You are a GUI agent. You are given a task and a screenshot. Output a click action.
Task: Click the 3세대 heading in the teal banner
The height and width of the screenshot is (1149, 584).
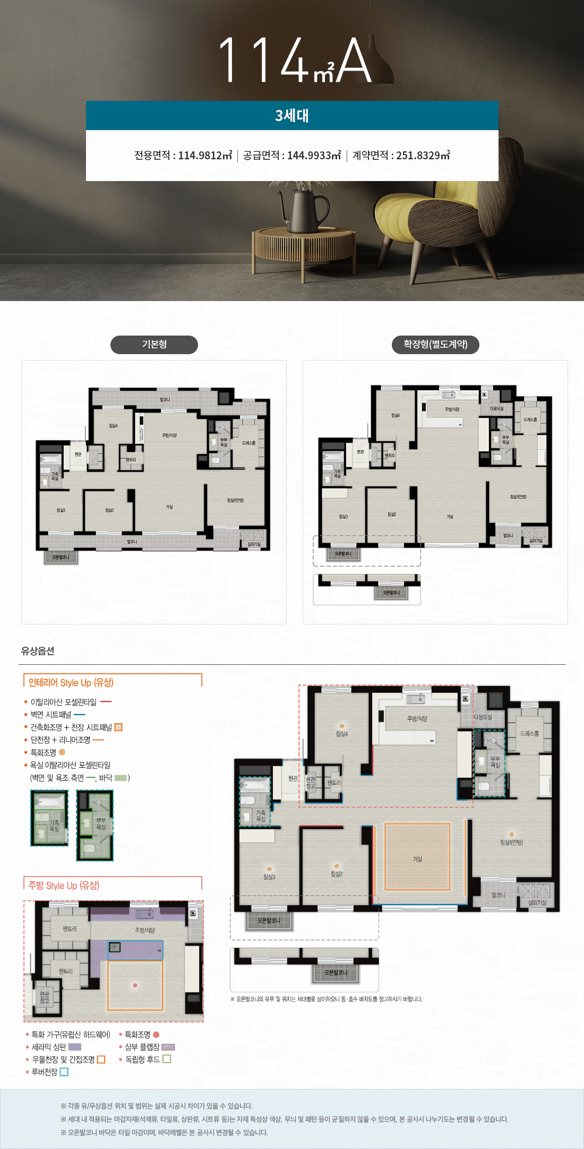tap(292, 116)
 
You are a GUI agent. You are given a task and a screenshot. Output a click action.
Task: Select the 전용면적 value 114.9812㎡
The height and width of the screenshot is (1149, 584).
tap(205, 155)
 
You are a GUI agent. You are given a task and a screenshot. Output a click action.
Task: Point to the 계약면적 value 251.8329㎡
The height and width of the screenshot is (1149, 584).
tap(423, 155)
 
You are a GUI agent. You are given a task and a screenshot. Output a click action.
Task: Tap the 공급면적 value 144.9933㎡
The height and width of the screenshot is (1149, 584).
tap(314, 155)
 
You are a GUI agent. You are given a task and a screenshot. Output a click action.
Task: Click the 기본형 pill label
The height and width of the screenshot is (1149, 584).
tap(154, 345)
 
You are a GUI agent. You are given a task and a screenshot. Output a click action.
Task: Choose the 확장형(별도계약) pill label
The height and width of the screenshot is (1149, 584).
tap(435, 345)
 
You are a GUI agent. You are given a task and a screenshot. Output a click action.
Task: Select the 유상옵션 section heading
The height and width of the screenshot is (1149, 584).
tap(38, 651)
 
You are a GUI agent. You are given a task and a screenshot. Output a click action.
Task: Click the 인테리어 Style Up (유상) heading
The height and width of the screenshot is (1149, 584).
tap(71, 683)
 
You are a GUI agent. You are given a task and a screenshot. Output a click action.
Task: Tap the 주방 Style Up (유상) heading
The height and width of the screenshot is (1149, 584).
tap(64, 886)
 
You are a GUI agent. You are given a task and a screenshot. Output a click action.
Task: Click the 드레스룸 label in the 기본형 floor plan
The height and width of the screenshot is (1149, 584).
tap(248, 443)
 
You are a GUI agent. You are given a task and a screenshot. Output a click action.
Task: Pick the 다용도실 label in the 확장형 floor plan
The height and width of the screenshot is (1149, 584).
tap(496, 408)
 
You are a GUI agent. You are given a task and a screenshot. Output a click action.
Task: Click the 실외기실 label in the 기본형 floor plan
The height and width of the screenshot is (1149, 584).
tap(254, 544)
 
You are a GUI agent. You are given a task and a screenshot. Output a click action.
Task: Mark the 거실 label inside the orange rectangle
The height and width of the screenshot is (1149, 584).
tap(417, 859)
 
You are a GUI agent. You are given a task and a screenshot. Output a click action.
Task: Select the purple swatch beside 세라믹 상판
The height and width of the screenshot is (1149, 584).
tap(75, 1047)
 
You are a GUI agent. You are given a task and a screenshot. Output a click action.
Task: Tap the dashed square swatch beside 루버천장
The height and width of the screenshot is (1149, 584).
tap(64, 1072)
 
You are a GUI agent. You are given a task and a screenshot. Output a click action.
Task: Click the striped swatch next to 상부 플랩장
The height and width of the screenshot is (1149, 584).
tap(168, 1047)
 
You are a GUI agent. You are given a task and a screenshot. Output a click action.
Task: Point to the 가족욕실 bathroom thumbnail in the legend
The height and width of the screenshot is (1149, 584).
tap(49, 818)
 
